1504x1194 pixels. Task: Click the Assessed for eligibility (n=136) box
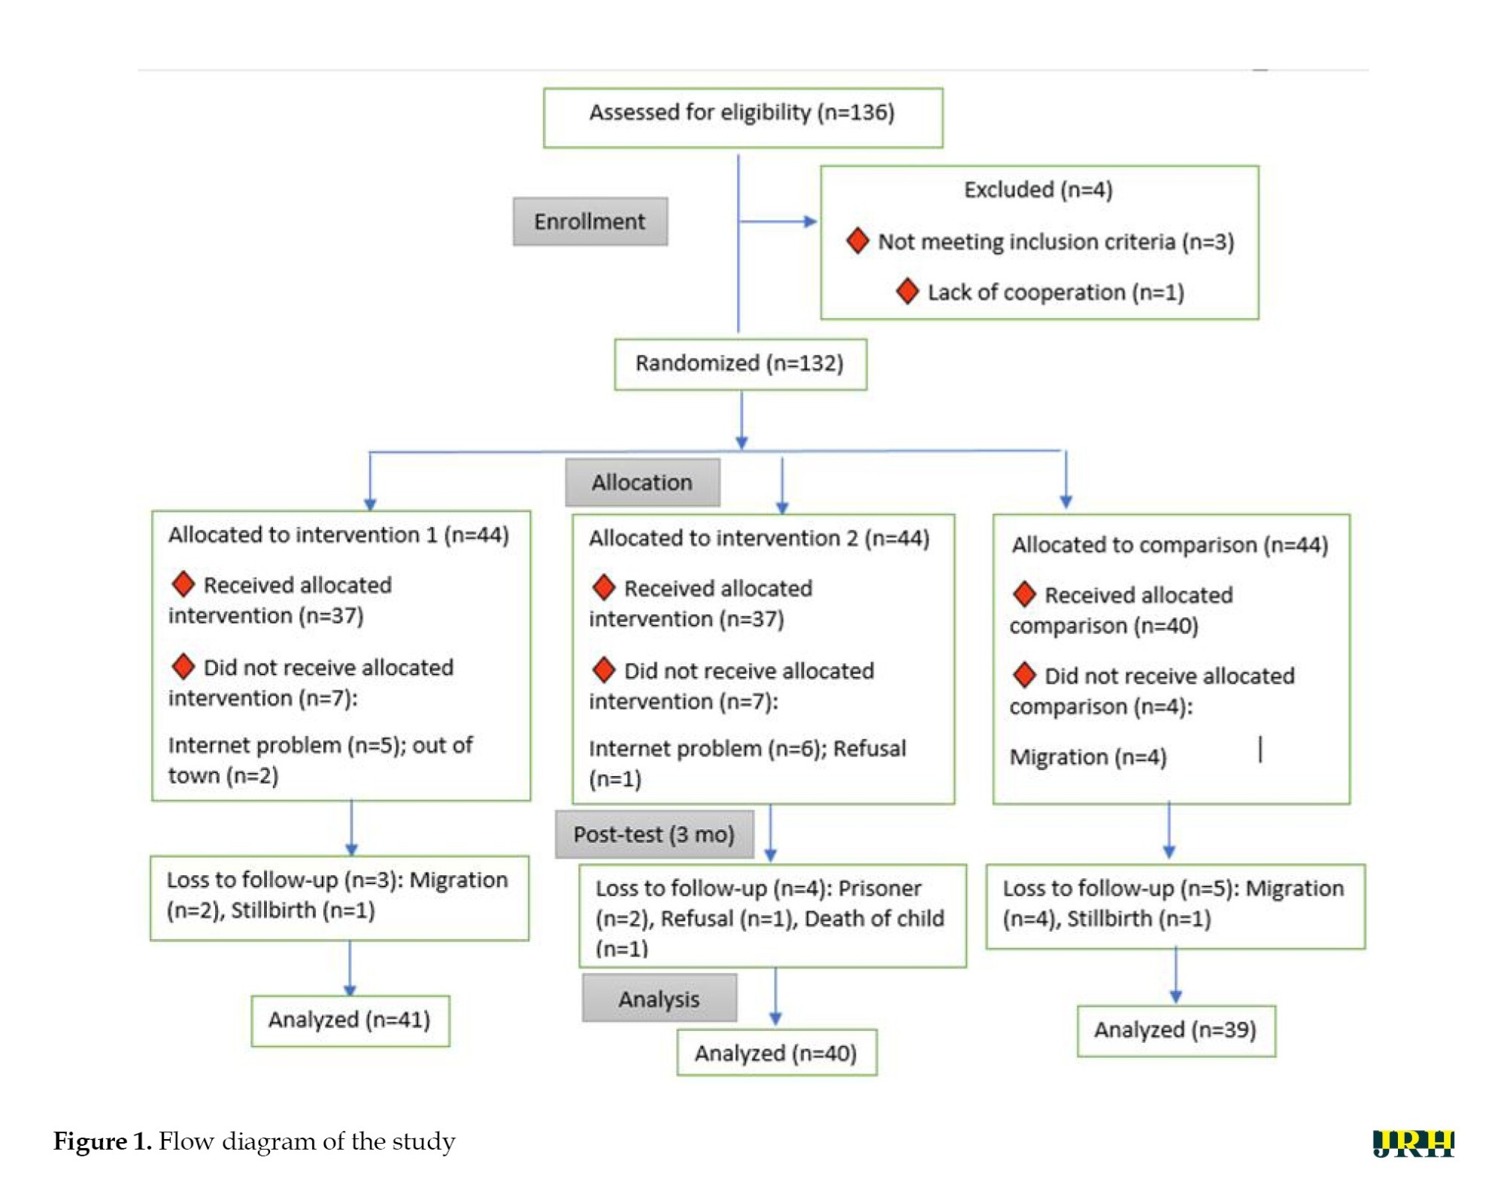743,117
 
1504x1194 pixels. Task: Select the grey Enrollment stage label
590,221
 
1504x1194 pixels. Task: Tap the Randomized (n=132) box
741,364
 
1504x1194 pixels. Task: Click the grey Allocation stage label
642,482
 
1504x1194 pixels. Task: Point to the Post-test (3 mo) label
654,834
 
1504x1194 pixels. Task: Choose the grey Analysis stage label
660,998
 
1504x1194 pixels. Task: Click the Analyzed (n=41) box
350,1020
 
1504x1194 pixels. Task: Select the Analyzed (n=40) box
777,1053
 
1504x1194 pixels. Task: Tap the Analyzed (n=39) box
1176,1030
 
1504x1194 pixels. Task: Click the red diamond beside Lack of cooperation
908,291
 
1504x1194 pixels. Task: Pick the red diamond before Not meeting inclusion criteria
858,241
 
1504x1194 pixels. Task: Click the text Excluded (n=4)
1039,189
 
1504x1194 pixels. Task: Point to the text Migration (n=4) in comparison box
1088,756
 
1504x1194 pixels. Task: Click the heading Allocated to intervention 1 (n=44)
338,535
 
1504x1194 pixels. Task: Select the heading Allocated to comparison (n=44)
1170,544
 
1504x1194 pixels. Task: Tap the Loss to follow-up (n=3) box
339,898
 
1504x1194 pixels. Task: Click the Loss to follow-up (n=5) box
1175,906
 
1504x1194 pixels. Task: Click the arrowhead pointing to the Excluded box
810,222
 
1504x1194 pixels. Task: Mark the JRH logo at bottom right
1414,1144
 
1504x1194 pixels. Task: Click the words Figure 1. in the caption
102,1141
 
